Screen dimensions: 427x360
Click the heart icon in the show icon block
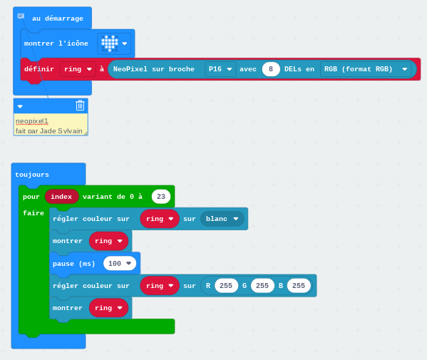(110, 43)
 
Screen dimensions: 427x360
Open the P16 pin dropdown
(220, 69)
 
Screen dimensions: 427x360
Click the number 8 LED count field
(271, 69)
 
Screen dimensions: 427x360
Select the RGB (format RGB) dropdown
(366, 69)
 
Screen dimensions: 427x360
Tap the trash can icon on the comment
(80, 106)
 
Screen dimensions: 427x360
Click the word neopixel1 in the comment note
(32, 121)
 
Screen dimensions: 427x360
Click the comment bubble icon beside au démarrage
(21, 16)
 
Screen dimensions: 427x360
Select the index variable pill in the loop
(61, 197)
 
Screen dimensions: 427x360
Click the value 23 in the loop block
(161, 197)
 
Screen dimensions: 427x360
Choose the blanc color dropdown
(222, 219)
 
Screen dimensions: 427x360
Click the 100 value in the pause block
(120, 263)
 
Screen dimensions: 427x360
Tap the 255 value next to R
(226, 286)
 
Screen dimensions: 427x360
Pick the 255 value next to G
(262, 286)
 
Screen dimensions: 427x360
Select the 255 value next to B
(299, 286)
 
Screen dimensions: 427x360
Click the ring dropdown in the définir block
(78, 69)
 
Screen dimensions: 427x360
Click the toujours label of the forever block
(32, 175)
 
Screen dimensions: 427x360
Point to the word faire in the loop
(34, 213)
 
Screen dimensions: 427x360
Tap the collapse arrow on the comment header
(20, 106)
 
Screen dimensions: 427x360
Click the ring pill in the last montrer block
(108, 308)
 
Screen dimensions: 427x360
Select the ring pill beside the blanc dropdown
(160, 219)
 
